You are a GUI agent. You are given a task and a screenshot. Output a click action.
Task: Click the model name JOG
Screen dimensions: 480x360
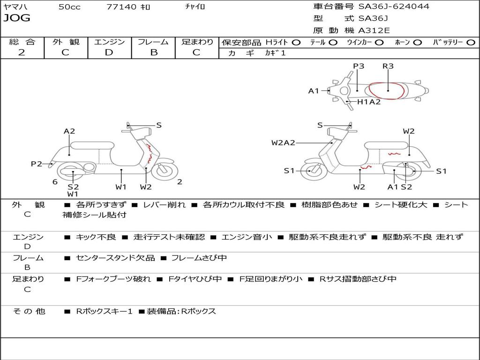pos(16,18)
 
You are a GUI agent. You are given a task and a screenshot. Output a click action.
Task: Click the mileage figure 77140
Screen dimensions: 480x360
pos(121,7)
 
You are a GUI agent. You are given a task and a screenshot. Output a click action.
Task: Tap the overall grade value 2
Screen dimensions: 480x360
pos(22,52)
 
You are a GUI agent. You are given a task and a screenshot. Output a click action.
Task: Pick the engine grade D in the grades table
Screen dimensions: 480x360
pos(109,52)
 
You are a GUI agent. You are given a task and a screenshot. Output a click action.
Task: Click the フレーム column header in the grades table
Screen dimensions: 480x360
pos(153,42)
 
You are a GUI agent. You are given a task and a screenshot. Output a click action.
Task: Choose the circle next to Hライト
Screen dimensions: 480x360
pos(296,42)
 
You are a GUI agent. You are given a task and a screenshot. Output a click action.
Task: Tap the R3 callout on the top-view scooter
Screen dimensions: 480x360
pos(388,66)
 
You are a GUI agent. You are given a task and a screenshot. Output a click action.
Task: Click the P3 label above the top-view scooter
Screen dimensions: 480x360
pos(359,66)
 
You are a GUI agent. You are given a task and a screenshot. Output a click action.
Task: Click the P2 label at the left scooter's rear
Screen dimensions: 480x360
pos(37,164)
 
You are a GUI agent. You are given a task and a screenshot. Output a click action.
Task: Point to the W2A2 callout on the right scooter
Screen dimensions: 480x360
pos(283,142)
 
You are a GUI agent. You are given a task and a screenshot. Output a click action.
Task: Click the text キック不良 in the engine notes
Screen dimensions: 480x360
pos(96,237)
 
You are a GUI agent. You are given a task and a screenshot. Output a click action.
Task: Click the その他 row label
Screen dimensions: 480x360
pos(29,311)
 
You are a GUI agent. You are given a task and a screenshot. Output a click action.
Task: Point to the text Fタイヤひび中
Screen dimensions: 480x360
pos(195,279)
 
